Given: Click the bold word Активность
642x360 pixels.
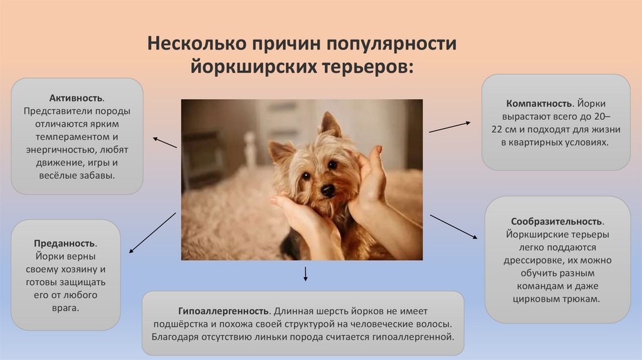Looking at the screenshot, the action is [76, 98].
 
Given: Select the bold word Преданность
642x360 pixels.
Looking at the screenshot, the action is [65, 243].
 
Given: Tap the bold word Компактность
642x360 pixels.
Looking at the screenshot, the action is [539, 103].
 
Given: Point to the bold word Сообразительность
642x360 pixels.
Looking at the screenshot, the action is [556, 221].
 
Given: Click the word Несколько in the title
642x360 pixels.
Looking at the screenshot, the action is [197, 43].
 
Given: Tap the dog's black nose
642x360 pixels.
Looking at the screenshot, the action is [327, 190].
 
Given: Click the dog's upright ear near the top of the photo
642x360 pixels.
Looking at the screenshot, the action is [330, 124].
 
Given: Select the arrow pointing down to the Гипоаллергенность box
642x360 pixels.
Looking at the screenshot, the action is [305, 274].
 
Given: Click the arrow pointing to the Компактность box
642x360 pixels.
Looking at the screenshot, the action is [450, 127].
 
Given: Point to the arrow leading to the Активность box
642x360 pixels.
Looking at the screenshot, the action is [165, 142].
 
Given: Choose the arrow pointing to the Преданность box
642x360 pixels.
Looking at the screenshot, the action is [152, 233].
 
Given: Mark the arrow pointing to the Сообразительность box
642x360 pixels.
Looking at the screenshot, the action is [454, 226].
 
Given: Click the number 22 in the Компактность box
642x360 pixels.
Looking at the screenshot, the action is [497, 130].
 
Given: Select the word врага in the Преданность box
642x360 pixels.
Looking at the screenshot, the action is [65, 309].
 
